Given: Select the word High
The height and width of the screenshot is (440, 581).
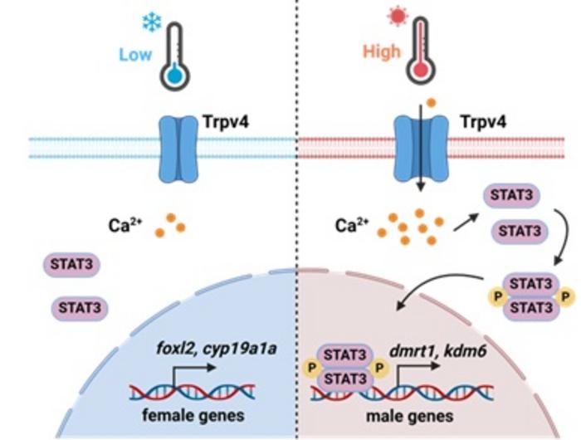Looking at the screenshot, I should point(381,51).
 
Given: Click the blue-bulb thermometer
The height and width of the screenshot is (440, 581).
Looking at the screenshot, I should point(173,53).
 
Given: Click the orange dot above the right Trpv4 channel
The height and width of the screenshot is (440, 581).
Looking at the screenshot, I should point(431,102).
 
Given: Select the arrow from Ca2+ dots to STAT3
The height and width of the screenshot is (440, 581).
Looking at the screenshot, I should point(462,221).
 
